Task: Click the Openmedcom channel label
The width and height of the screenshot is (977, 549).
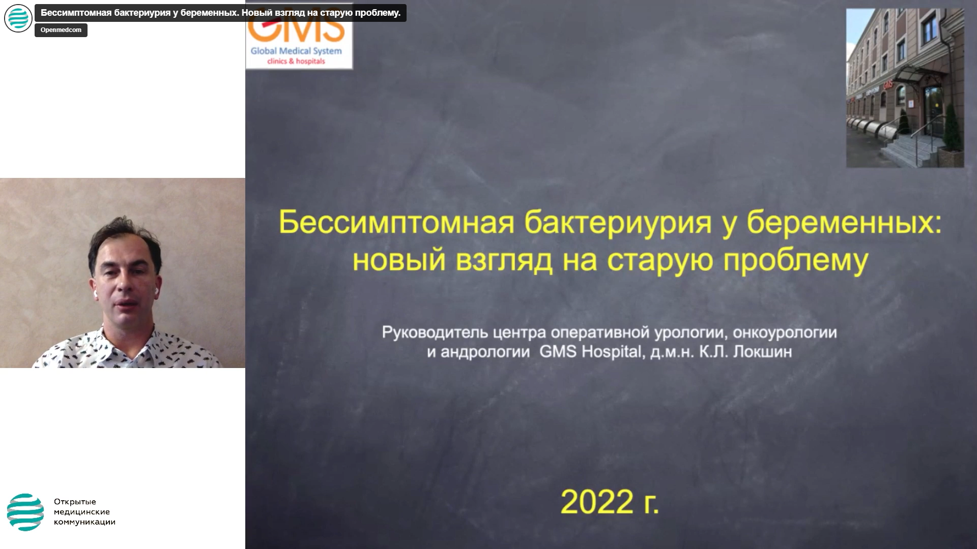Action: pyautogui.click(x=61, y=30)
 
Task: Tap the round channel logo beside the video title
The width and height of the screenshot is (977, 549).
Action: pyautogui.click(x=18, y=18)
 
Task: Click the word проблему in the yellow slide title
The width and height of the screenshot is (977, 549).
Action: pyautogui.click(x=795, y=260)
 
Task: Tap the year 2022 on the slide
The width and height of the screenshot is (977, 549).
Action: pyautogui.click(x=597, y=502)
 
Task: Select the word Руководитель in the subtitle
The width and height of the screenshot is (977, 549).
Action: pyautogui.click(x=435, y=333)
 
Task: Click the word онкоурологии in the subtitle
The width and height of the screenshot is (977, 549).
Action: pyautogui.click(x=785, y=333)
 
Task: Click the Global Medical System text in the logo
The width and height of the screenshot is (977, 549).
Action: pyautogui.click(x=296, y=51)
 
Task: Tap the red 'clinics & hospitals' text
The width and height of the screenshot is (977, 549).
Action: pyautogui.click(x=296, y=62)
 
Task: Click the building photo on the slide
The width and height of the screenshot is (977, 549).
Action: pyautogui.click(x=905, y=88)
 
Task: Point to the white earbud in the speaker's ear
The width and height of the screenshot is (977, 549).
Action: pyautogui.click(x=156, y=291)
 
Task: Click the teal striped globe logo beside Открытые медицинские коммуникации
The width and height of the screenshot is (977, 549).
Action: pyautogui.click(x=25, y=512)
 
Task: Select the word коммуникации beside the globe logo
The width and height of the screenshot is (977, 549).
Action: pyautogui.click(x=84, y=522)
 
